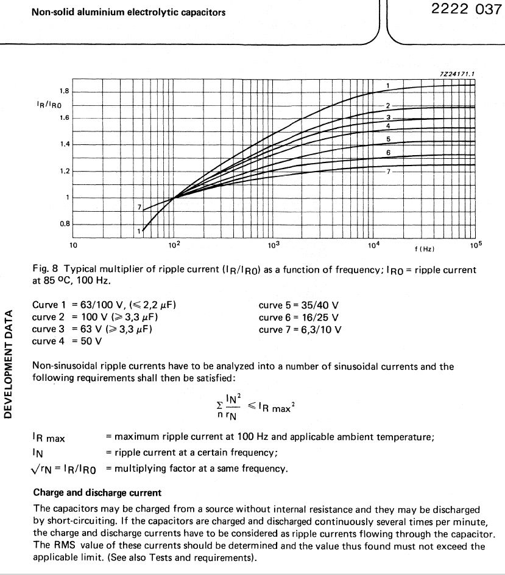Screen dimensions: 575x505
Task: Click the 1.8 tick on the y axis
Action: click(x=64, y=91)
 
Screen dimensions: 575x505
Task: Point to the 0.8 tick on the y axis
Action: click(x=64, y=224)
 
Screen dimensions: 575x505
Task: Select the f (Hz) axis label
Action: click(x=424, y=249)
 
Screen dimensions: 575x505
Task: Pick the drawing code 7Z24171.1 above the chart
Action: click(x=456, y=74)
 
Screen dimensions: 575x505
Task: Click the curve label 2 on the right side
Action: click(x=387, y=106)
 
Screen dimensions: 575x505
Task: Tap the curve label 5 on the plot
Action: click(x=388, y=139)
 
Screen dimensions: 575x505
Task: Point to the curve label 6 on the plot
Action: click(x=388, y=152)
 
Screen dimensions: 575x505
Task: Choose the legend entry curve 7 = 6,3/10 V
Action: click(x=300, y=329)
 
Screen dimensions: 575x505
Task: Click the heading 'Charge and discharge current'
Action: click(x=97, y=493)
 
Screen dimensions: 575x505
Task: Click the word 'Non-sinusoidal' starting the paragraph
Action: click(x=63, y=367)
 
